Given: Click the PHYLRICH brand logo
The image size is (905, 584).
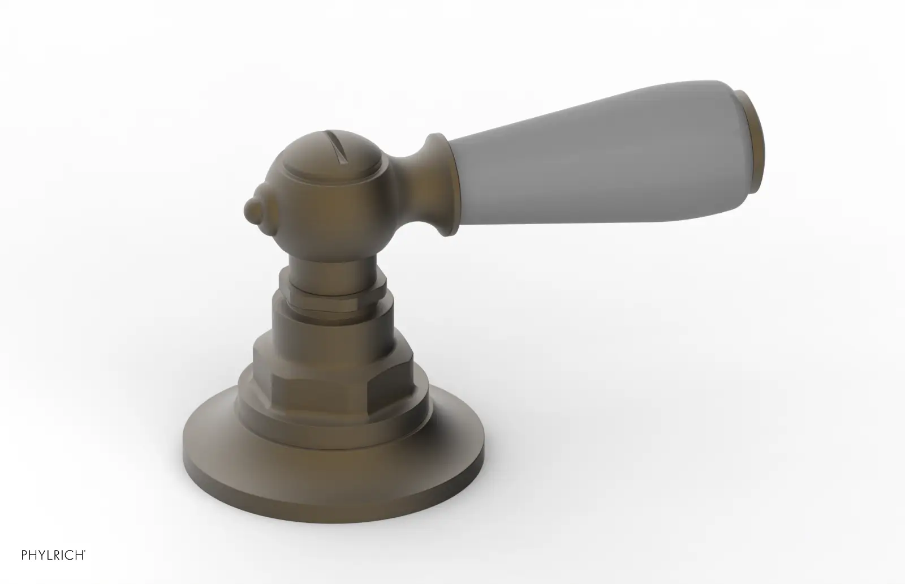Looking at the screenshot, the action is click(x=53, y=555).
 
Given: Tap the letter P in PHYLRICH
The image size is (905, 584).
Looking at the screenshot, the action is click(x=24, y=555).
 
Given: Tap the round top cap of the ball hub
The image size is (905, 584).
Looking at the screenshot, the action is click(x=331, y=158).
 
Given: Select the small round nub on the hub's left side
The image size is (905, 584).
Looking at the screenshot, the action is click(x=254, y=210).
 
